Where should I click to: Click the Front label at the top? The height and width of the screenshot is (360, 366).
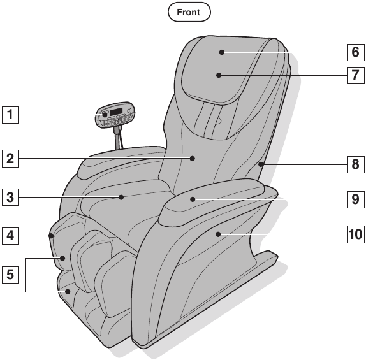189,12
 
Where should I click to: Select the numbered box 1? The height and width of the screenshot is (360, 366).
10,115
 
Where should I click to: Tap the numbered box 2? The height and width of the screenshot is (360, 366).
10,159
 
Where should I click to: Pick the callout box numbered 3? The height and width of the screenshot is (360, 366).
10,198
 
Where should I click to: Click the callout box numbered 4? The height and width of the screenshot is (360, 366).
10,236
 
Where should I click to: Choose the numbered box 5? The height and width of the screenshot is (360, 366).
10,275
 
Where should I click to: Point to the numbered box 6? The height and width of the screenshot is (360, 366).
356,52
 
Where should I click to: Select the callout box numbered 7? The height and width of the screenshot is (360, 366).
356,75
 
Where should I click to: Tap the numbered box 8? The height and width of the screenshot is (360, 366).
356,164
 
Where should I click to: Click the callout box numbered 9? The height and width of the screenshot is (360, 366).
356,199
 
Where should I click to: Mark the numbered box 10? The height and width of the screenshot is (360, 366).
356,234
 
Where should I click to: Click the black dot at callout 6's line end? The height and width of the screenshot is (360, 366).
222,52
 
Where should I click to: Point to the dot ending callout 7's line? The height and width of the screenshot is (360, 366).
219,75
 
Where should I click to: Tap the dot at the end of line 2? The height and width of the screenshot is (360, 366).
193,159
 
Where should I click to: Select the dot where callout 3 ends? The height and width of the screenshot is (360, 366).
121,198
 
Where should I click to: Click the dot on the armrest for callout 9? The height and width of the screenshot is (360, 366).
193,199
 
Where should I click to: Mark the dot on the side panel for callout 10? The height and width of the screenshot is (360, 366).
218,234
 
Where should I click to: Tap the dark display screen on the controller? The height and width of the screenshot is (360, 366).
117,112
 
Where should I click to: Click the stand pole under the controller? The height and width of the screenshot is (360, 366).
116,138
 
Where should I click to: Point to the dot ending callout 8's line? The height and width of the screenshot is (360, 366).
261,164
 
